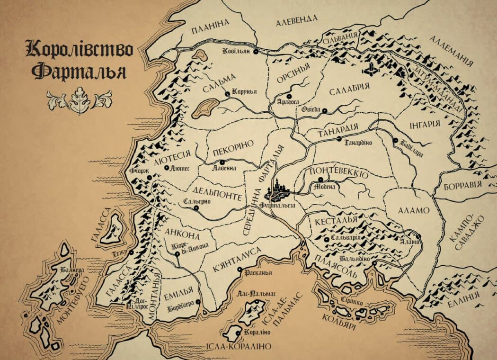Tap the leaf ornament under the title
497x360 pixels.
[x=79, y=100]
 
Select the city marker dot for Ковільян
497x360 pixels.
[x=255, y=51]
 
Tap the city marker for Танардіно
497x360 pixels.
[x=339, y=139]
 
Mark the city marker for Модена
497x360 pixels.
[x=320, y=180]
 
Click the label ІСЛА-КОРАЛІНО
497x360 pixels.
[x=238, y=346]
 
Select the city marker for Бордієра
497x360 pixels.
[x=198, y=302]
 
